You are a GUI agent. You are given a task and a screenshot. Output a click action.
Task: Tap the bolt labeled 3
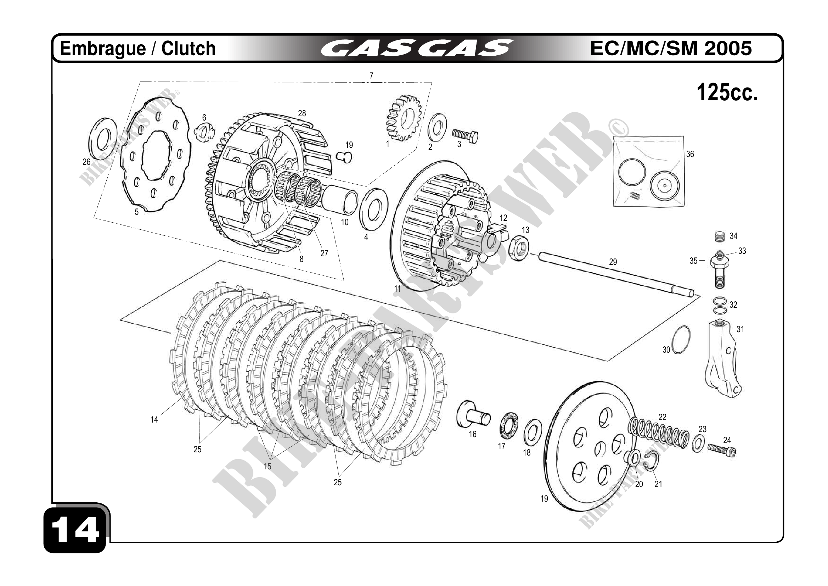point(465,136)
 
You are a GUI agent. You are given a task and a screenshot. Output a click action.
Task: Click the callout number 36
point(690,154)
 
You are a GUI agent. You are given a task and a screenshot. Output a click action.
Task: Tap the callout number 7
point(371,76)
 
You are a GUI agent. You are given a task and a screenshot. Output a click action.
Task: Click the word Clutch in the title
point(188,48)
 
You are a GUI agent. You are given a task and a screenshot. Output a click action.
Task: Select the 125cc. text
point(727,93)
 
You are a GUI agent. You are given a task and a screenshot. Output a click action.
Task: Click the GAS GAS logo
point(417,48)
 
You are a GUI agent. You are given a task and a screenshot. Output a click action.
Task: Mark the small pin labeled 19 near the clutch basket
point(344,157)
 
